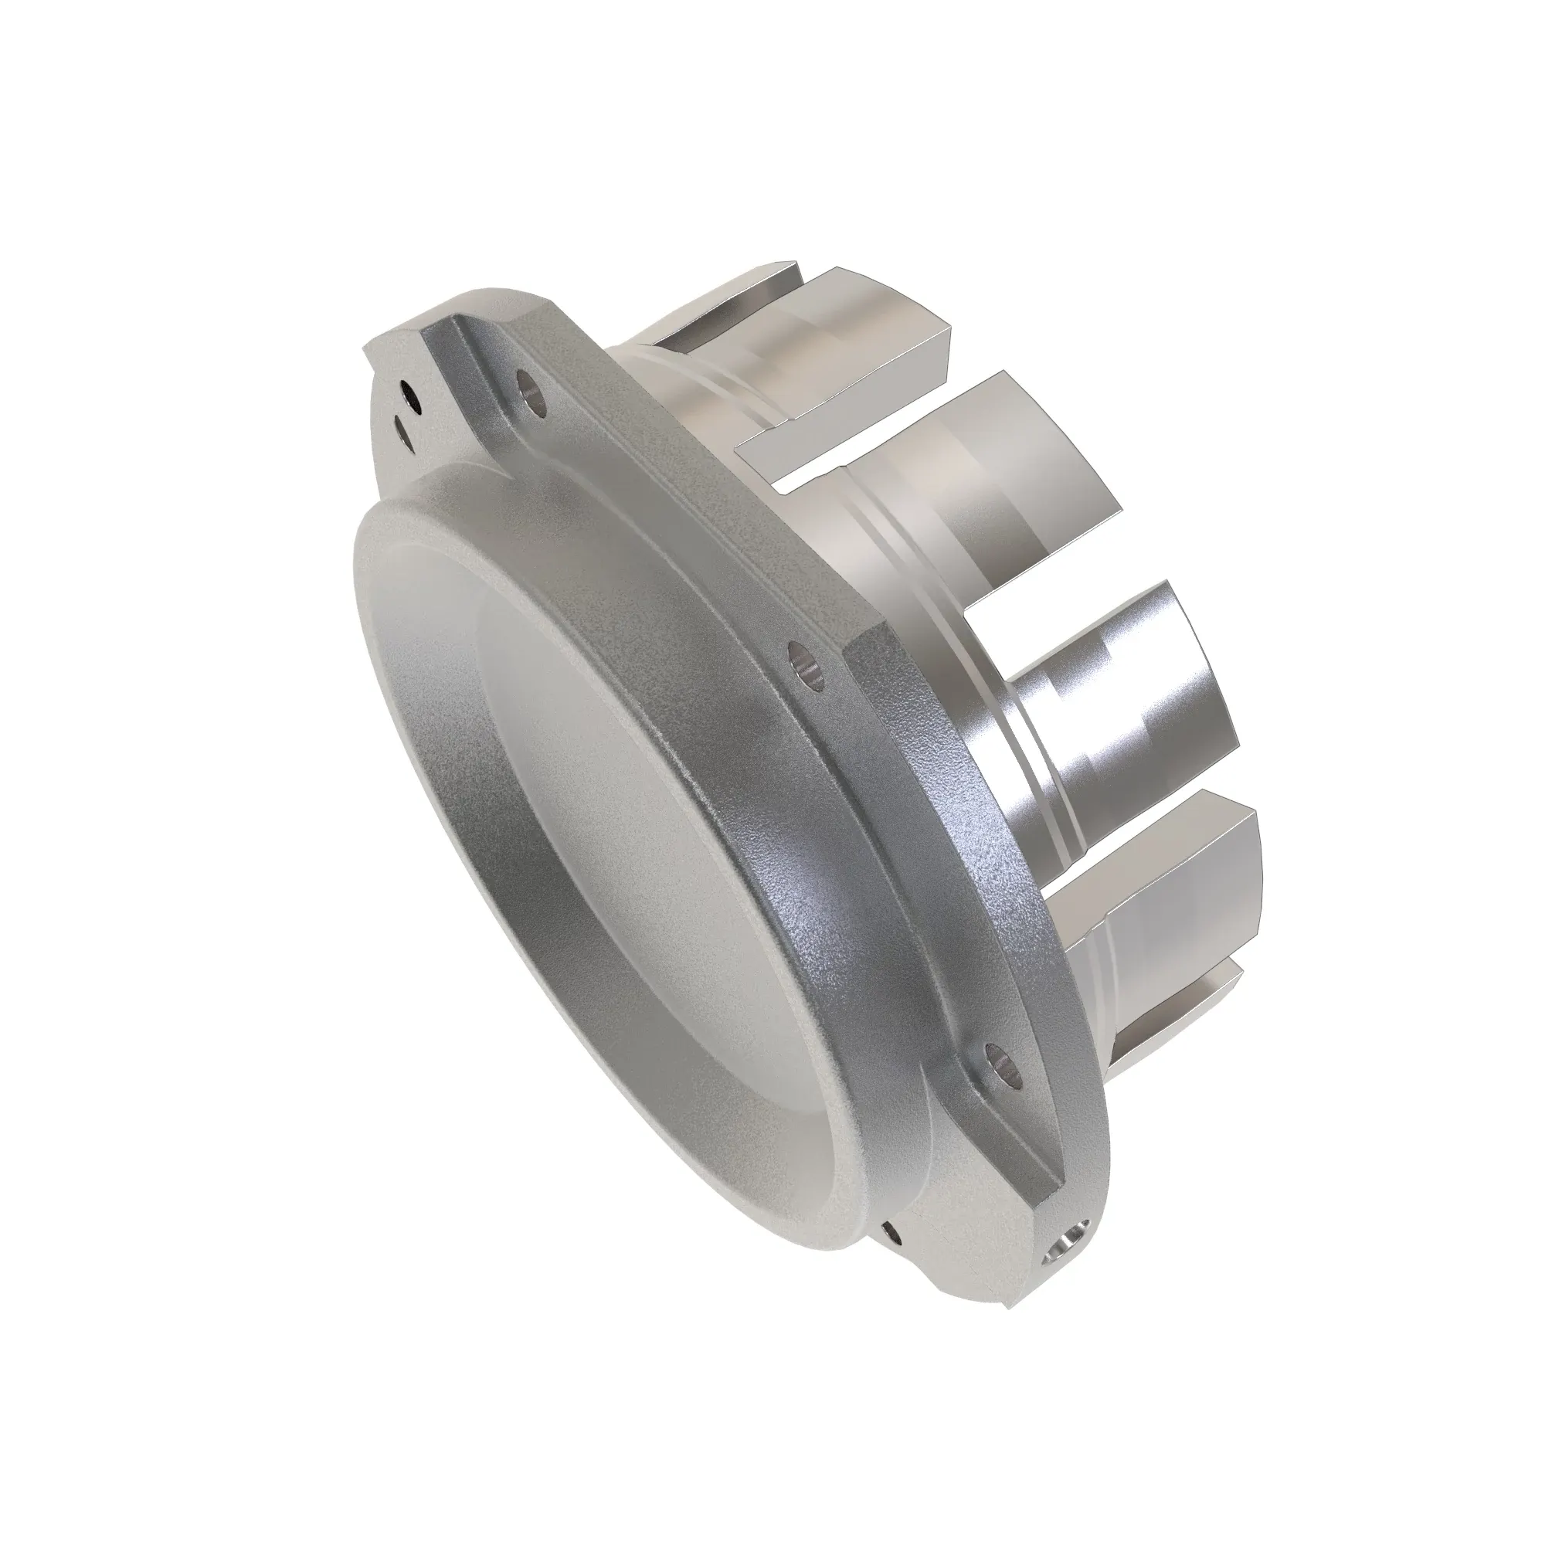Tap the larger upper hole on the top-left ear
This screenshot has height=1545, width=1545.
coord(408,393)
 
